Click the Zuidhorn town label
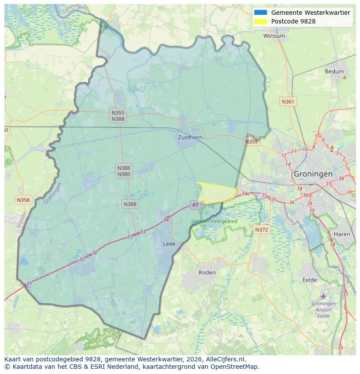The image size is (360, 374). (190, 137)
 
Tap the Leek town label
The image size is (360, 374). (169, 244)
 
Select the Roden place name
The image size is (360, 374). (207, 272)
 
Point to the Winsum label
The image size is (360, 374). (274, 36)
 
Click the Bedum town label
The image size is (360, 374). (334, 72)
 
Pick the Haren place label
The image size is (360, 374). (342, 234)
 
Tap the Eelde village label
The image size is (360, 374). (310, 280)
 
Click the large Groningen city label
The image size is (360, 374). (313, 174)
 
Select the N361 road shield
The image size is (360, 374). (288, 102)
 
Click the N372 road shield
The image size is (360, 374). (261, 229)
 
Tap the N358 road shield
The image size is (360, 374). (23, 200)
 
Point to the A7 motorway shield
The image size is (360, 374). (195, 205)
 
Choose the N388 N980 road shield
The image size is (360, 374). (123, 171)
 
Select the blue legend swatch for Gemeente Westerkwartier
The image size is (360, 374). (261, 13)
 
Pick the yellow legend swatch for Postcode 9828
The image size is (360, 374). (261, 21)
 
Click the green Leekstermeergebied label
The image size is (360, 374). (214, 221)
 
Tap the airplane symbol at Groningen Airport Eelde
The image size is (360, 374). (323, 296)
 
